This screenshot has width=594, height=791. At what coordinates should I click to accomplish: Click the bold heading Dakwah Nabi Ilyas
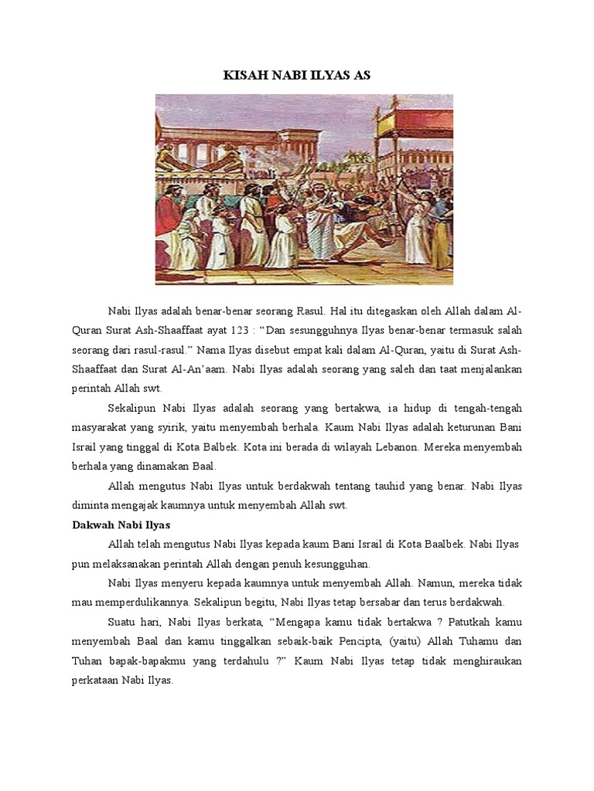[119, 525]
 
